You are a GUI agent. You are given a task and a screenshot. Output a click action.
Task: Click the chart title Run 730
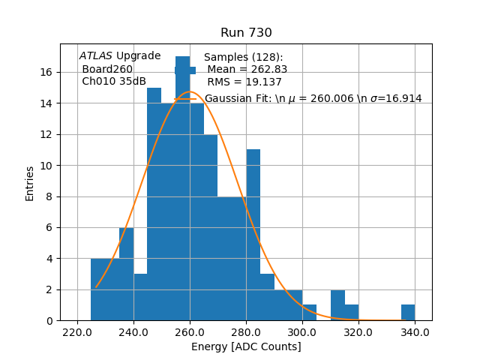click(x=246, y=33)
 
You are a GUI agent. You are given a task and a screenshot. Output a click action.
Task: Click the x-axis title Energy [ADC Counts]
click(x=246, y=346)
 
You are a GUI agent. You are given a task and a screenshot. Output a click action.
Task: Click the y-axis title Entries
click(x=30, y=182)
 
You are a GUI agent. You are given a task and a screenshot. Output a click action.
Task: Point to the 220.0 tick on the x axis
click(x=77, y=332)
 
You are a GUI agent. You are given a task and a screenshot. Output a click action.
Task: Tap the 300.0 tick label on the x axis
click(x=301, y=332)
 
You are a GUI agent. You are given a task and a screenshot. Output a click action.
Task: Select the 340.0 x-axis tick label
click(x=414, y=332)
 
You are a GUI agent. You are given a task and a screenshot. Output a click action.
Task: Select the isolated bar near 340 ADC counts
click(x=408, y=313)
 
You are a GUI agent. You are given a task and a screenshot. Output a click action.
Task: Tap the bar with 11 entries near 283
click(x=253, y=240)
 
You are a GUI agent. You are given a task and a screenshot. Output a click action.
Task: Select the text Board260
click(x=107, y=69)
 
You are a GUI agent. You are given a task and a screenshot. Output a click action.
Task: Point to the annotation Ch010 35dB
click(x=114, y=82)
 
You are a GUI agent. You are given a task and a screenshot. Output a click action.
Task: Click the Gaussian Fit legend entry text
click(x=313, y=98)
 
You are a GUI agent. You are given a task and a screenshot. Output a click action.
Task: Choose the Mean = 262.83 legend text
click(x=247, y=70)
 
